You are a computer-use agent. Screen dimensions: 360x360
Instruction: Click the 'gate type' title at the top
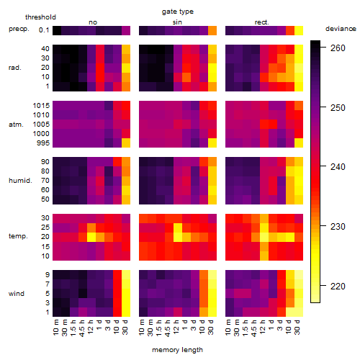click(178, 12)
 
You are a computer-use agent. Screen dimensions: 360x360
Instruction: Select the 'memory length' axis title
click(178, 350)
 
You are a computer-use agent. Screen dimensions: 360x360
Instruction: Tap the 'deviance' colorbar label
click(341, 29)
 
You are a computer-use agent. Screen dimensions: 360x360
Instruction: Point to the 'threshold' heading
click(40, 17)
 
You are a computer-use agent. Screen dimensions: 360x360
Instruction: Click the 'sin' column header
click(177, 22)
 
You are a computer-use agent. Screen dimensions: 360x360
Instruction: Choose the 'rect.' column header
click(262, 22)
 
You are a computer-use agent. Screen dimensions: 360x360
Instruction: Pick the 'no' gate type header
click(93, 22)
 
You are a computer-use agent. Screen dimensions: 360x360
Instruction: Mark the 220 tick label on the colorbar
click(338, 286)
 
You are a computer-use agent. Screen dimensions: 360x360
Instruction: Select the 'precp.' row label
click(19, 29)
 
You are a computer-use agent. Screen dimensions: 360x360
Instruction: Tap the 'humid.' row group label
click(20, 181)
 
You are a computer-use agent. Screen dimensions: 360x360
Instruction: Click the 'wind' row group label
click(17, 294)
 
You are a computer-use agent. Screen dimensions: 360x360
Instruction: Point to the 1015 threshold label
click(41, 106)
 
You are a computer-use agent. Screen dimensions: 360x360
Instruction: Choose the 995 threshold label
click(43, 143)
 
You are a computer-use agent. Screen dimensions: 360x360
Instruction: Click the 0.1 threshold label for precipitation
click(44, 30)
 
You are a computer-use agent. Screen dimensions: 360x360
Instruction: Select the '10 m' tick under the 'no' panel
click(56, 327)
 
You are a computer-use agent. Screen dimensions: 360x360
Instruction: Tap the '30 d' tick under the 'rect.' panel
click(297, 327)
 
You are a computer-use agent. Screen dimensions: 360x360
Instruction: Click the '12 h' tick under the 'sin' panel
click(176, 327)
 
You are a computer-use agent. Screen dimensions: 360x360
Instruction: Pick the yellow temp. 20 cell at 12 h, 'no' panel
click(91, 237)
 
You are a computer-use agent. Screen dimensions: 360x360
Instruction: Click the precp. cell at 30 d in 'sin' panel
click(212, 30)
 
